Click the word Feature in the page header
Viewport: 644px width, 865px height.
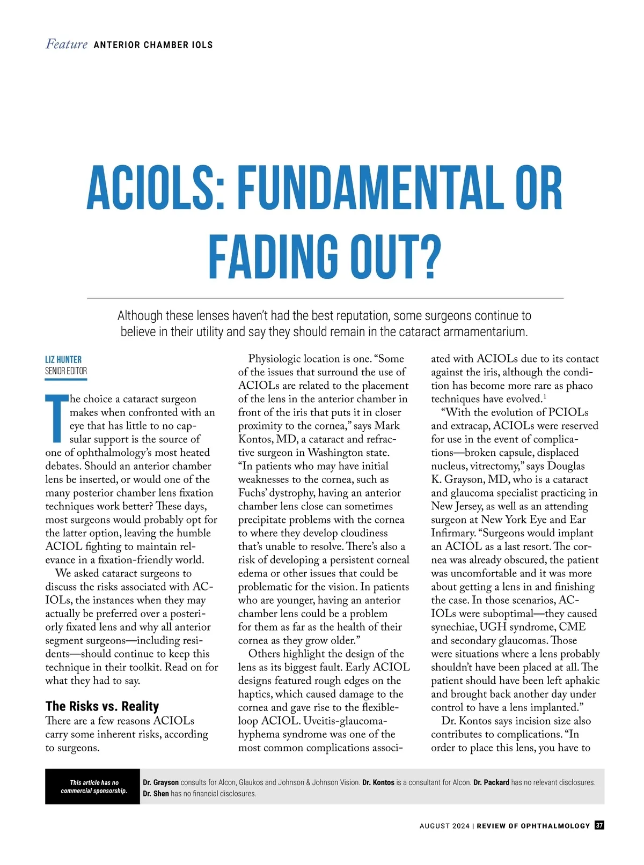pos(67,44)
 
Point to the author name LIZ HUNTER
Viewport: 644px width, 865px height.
pos(63,359)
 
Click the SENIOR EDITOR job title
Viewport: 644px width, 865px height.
pos(66,371)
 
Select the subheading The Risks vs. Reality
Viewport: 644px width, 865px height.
pos(102,706)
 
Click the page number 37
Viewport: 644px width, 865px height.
pos(599,825)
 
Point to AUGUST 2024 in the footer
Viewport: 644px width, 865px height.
pos(444,826)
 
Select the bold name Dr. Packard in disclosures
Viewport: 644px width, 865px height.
pos(491,782)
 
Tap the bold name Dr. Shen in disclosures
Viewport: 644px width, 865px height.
pos(156,794)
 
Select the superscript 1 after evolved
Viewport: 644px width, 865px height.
pos(544,397)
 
